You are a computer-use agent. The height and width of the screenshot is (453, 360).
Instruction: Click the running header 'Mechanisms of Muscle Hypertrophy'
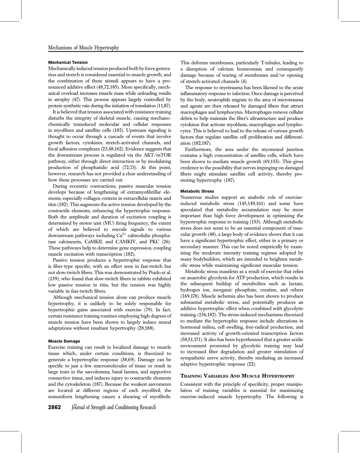click(x=84, y=48)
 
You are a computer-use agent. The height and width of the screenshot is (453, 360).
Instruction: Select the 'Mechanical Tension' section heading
click(x=68, y=62)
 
